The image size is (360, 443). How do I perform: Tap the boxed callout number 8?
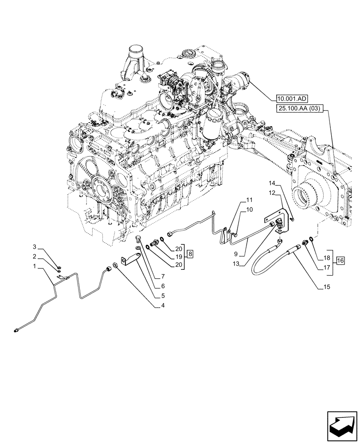coord(190,254)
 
